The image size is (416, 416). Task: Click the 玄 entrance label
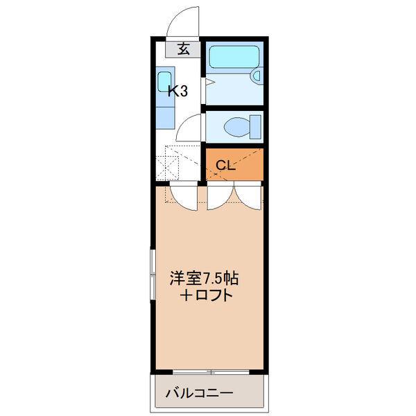coord(184,49)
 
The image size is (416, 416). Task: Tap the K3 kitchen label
coord(179,90)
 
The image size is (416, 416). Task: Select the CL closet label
coord(226,165)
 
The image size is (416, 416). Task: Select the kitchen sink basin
coord(164,79)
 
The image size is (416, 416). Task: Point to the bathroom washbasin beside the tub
coord(257,76)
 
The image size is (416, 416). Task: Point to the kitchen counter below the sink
coord(164,114)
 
